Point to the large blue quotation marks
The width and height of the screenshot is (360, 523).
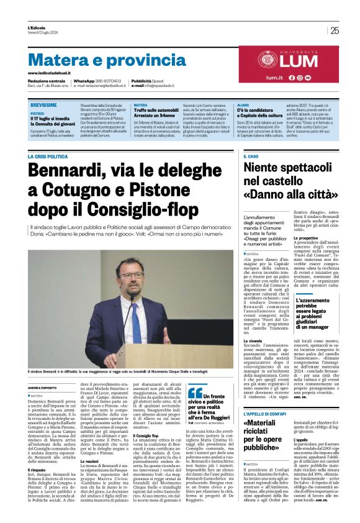[196, 392]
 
